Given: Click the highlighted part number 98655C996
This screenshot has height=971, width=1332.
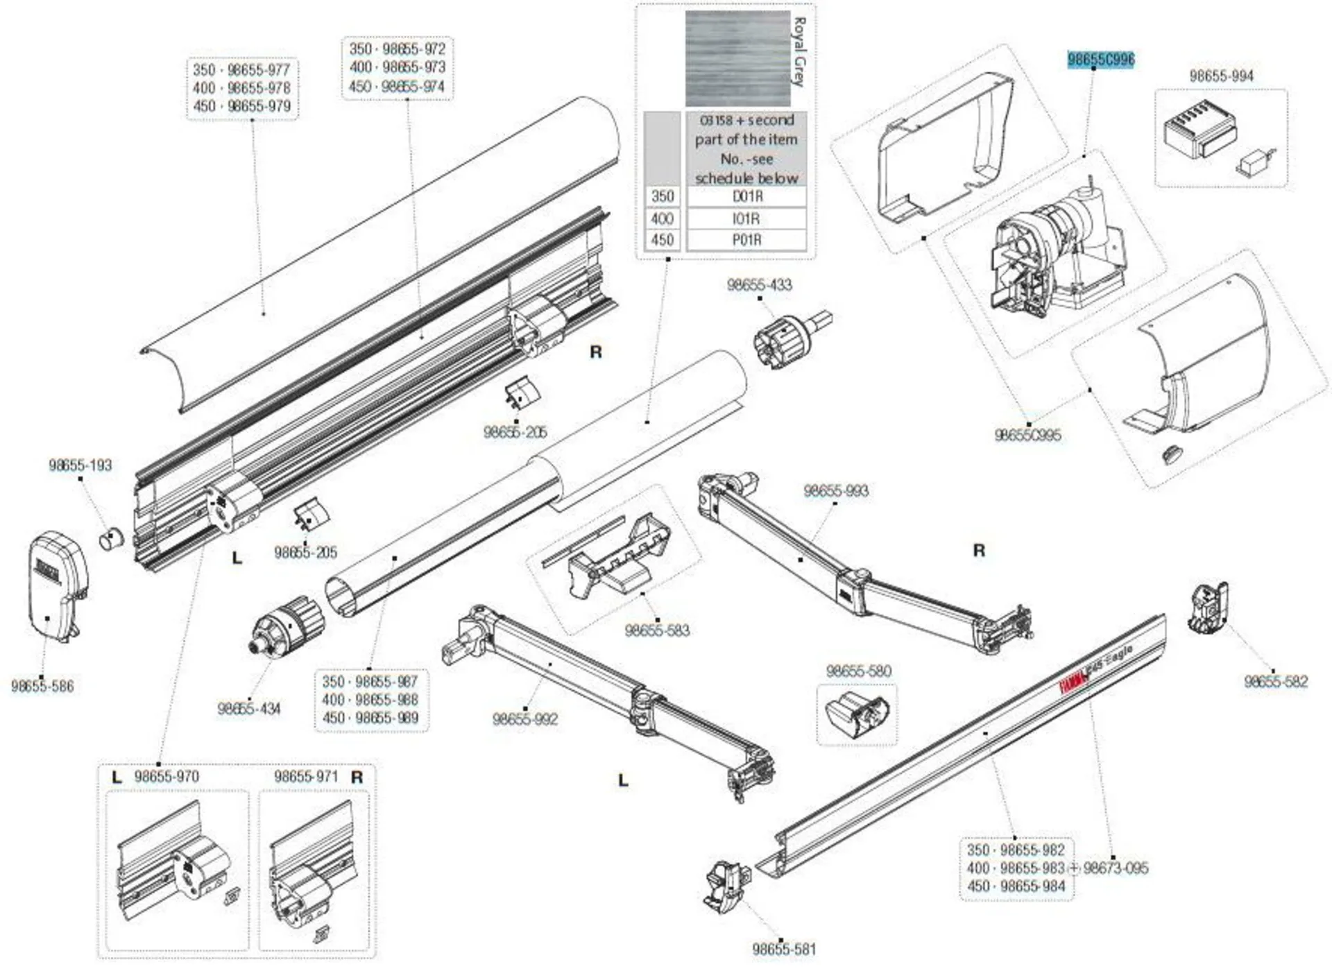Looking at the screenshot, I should coord(1100,60).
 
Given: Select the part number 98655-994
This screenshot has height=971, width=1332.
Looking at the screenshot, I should coord(1221,76).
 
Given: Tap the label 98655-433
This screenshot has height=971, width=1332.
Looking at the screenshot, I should coord(759,284).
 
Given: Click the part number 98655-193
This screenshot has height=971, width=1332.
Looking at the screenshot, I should coord(80,465).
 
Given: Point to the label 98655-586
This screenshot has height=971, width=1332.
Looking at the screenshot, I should coord(42,687).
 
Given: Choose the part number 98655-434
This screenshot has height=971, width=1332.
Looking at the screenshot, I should coord(249,709).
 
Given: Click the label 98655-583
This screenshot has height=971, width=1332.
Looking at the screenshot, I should coord(657,630).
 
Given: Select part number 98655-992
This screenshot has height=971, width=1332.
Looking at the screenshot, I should coord(524,719).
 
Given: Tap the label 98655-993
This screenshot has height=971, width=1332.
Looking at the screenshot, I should coord(836,491).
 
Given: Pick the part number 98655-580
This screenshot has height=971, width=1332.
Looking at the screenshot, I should coord(858,671).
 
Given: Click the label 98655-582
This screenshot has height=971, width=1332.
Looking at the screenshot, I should coord(1276,682).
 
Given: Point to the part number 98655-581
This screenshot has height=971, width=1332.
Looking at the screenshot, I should coord(784,949).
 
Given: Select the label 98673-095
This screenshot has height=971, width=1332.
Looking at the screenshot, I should coord(1116,868).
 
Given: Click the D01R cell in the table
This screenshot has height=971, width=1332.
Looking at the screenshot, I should coord(747,197).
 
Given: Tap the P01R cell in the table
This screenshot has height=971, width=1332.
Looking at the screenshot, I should coord(747,240).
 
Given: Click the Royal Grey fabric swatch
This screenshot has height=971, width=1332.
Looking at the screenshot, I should coord(737,59).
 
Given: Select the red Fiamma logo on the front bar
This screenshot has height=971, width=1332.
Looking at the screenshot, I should coord(1073,682).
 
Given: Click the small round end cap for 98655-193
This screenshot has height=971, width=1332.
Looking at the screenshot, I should coord(111,538).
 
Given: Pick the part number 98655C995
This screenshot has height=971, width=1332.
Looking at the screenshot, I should coord(1027,436).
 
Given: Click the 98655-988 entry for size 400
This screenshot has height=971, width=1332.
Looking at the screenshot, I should coord(386,700).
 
